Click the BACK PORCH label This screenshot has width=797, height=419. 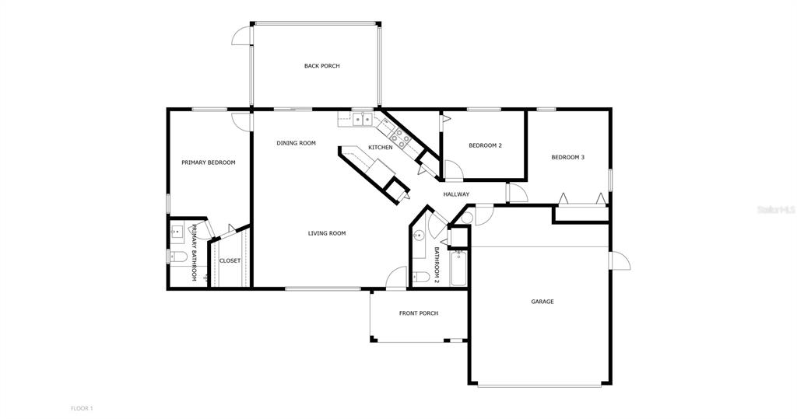pos(321,66)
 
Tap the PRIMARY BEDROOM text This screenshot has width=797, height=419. pos(208,162)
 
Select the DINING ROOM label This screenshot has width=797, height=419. pos(296,143)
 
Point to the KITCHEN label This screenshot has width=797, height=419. pos(380,148)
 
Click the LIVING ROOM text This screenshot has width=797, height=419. pos(327,233)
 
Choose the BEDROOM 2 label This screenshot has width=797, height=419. pos(485,146)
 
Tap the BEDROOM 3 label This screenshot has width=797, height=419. pos(567,158)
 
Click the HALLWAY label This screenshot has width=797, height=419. pos(456,194)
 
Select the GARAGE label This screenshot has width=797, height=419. pos(542,302)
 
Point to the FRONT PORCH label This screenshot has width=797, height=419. pos(419,313)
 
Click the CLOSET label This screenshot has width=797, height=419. pos(230,261)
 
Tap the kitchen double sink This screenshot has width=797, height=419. pos(362,120)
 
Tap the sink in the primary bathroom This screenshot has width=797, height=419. pos(177,231)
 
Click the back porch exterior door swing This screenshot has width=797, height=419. pos(243,35)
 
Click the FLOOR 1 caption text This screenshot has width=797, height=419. pos(82,408)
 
